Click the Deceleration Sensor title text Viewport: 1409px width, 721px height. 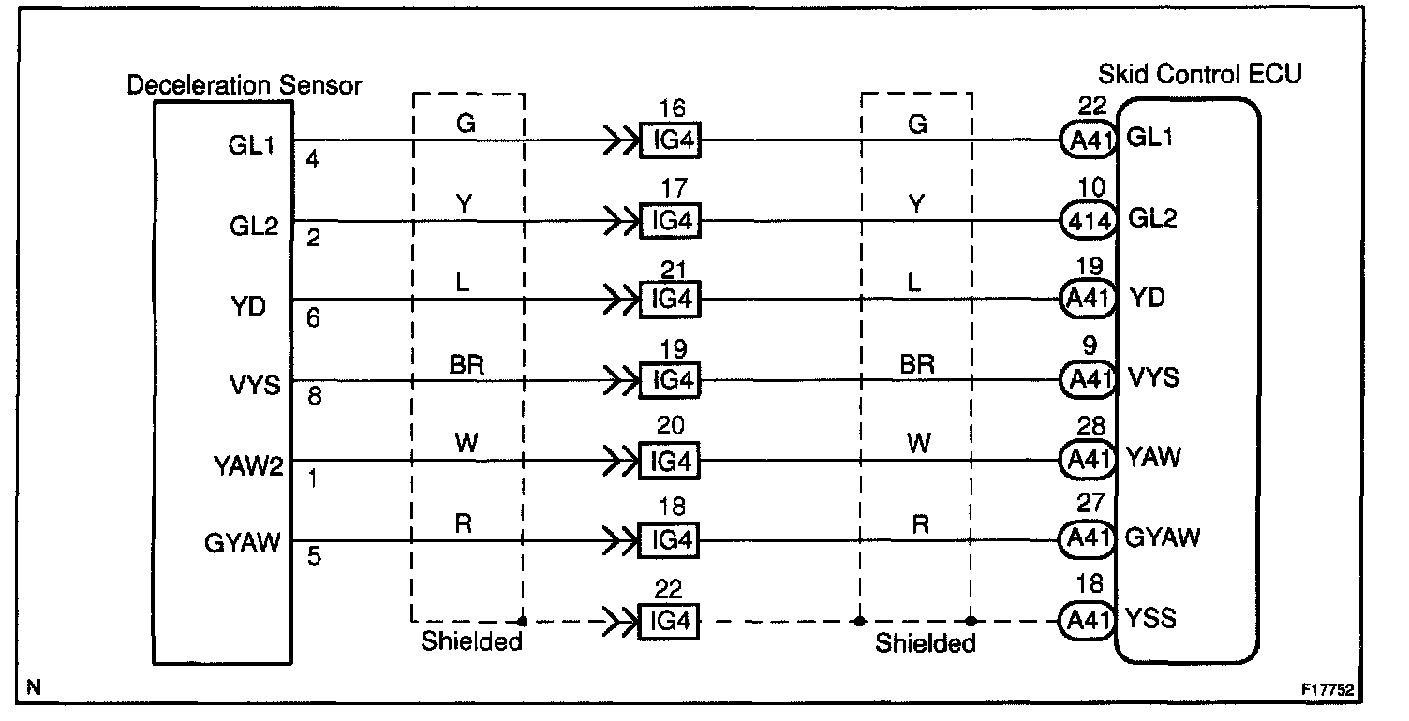[x=244, y=85]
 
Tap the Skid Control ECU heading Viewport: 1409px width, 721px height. [x=1200, y=72]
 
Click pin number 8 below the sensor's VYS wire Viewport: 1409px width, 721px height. [x=314, y=397]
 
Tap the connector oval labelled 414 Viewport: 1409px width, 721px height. [x=1088, y=221]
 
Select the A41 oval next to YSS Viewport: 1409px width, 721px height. [x=1088, y=620]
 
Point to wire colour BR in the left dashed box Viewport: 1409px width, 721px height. [x=467, y=365]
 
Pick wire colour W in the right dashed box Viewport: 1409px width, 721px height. [x=919, y=444]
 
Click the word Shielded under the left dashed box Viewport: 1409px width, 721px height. [x=471, y=642]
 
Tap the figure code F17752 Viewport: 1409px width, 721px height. [x=1327, y=689]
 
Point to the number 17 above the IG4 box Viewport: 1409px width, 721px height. [x=672, y=188]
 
